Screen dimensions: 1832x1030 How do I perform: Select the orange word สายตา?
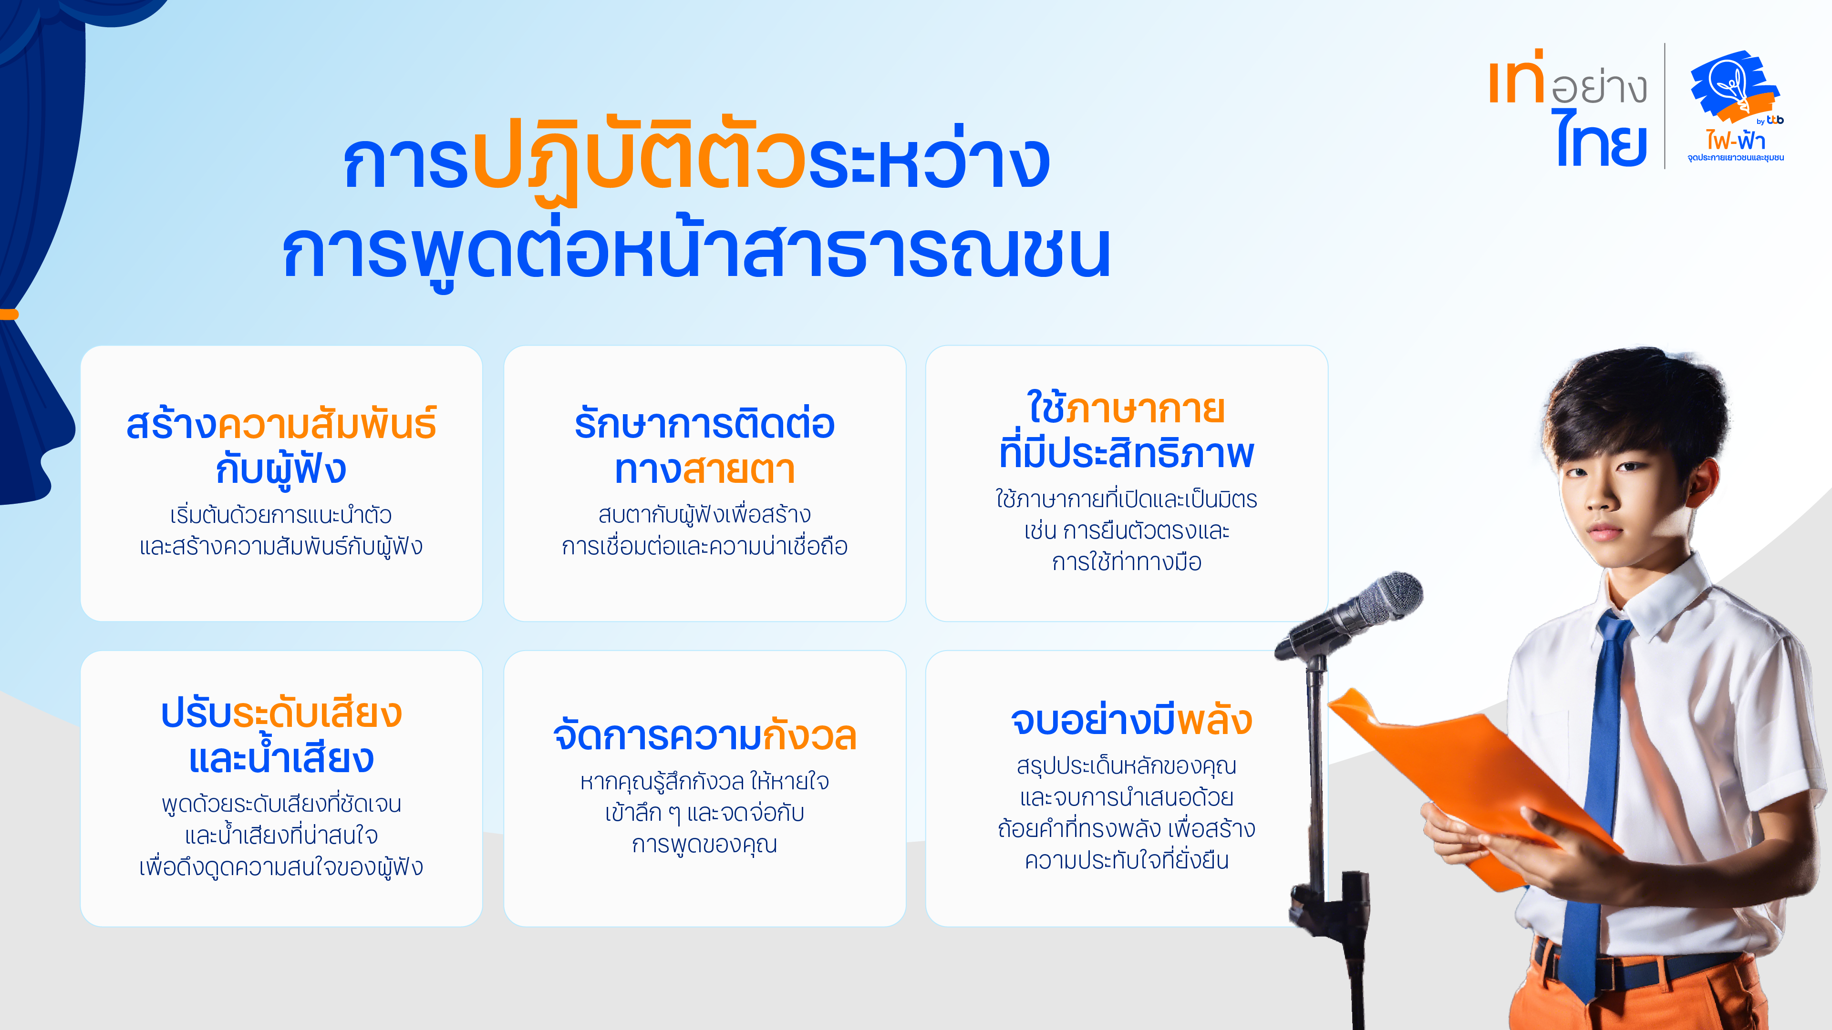click(739, 470)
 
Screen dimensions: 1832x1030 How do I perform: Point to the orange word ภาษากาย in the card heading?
click(1145, 409)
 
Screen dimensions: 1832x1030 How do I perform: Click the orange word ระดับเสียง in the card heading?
click(317, 713)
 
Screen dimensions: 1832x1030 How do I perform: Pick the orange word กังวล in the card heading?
click(809, 736)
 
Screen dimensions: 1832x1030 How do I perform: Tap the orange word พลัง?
click(1215, 721)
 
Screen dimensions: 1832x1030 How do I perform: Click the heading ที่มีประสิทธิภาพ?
click(1127, 452)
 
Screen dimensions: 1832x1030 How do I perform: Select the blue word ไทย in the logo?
click(1602, 139)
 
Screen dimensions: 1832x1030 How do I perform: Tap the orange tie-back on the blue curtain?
click(9, 314)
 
